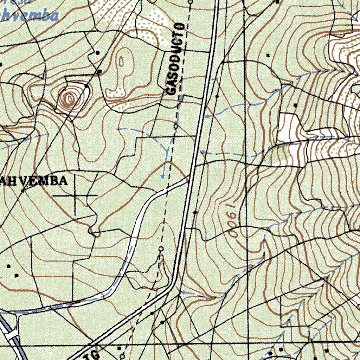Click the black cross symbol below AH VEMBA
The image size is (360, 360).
75,195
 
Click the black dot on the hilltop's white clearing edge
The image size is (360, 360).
86,85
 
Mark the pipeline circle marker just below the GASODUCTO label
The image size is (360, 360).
176,125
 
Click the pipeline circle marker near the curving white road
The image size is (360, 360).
161,249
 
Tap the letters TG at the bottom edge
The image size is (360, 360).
94,354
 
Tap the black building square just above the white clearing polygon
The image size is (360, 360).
295,105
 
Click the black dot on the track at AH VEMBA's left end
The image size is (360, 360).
23,191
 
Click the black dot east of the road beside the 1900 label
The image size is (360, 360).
195,213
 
